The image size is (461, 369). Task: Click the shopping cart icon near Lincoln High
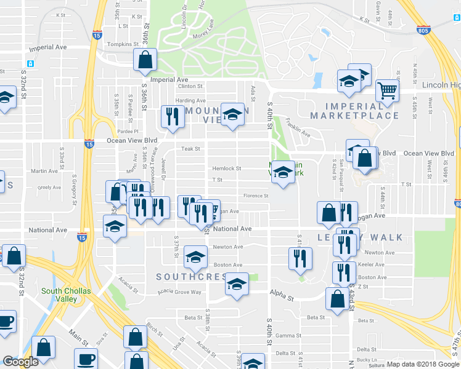387,90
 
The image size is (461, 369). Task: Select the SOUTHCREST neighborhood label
192,277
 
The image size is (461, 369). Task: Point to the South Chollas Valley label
60,295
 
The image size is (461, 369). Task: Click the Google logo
20,362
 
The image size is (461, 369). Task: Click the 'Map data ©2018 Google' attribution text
423,364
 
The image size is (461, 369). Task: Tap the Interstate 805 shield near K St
423,30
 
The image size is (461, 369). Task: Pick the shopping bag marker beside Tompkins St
145,60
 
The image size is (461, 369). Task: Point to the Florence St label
256,196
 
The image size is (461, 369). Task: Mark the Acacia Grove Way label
179,292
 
